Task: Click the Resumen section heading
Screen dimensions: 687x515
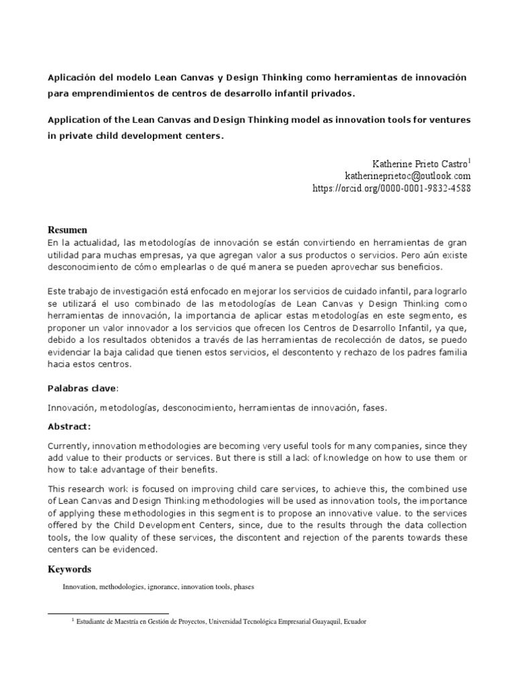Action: coord(67,229)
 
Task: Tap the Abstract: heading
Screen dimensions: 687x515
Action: coord(69,426)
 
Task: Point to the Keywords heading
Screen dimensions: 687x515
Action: coord(69,569)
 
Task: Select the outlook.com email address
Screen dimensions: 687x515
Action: coord(407,175)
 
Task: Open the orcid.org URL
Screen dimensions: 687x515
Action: coord(392,189)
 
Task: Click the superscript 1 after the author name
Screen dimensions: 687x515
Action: coord(469,160)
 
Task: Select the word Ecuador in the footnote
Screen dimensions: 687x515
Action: coord(355,622)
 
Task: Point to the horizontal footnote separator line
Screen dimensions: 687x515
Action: coord(108,613)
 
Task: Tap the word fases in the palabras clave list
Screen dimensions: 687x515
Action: coord(374,407)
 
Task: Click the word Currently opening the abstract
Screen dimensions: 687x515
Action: coord(68,446)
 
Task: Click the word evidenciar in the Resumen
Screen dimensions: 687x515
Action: coord(70,353)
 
